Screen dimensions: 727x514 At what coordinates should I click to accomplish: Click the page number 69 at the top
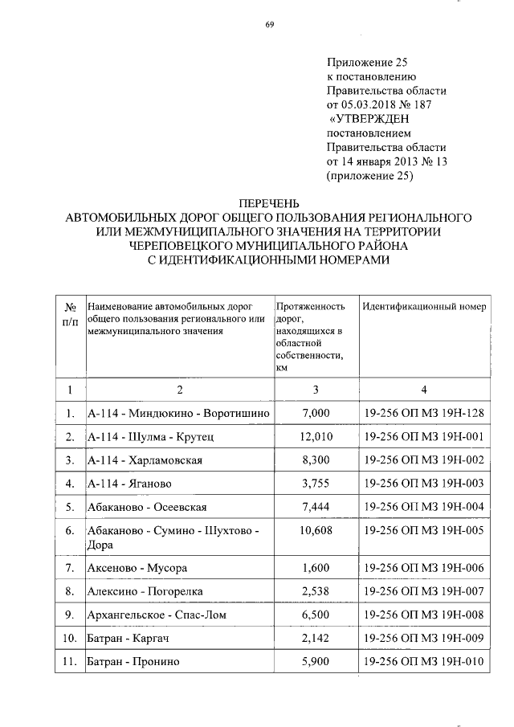[271, 23]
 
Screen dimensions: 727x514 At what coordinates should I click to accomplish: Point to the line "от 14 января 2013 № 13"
[385, 162]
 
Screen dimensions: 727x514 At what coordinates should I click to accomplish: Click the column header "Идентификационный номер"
[423, 307]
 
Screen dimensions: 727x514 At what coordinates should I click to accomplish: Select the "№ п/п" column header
[69, 313]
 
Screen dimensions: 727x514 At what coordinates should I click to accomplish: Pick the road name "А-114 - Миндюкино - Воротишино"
[177, 413]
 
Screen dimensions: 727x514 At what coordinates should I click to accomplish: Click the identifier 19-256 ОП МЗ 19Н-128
[422, 413]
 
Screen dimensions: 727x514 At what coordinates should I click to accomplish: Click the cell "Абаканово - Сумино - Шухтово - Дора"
[173, 537]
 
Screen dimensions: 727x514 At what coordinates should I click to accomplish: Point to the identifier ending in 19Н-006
[422, 568]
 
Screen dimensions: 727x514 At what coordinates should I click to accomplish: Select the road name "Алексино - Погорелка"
[145, 592]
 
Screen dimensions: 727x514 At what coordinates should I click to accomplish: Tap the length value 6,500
[315, 615]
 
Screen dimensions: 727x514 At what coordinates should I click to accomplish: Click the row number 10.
[70, 639]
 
